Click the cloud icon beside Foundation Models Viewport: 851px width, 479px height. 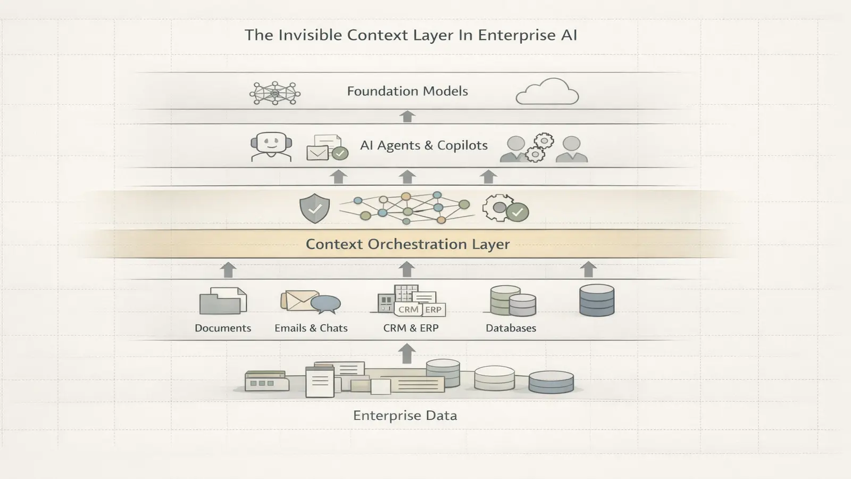(x=547, y=92)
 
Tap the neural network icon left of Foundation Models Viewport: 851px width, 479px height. (x=275, y=93)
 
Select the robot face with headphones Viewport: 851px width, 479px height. (x=271, y=146)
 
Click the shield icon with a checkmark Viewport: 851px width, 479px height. (x=315, y=208)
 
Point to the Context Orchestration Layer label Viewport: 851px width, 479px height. (x=407, y=244)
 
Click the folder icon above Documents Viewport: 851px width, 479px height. (x=223, y=301)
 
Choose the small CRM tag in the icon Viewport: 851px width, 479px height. (x=408, y=309)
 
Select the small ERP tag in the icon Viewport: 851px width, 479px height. (x=433, y=309)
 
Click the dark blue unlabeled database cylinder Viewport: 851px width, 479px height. (x=596, y=300)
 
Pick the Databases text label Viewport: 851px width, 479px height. (x=511, y=328)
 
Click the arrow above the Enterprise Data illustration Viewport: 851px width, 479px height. (x=407, y=353)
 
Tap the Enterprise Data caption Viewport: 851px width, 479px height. (x=405, y=416)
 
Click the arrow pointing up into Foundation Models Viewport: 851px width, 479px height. (x=407, y=117)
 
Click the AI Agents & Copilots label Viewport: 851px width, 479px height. (x=423, y=145)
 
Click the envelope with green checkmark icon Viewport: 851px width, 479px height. (x=327, y=148)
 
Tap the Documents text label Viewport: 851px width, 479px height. (x=223, y=328)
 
